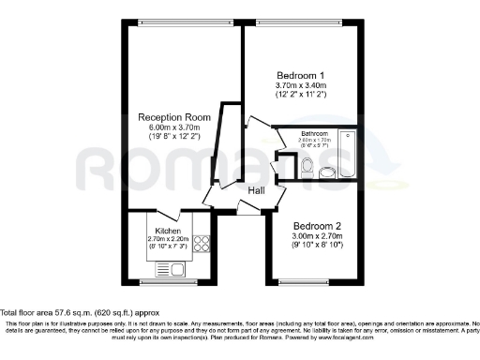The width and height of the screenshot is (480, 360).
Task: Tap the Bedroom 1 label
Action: click(x=300, y=75)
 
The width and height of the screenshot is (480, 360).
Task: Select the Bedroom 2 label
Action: click(x=316, y=226)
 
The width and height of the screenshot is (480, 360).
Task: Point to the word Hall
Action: click(x=256, y=190)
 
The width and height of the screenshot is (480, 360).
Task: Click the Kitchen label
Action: click(x=168, y=230)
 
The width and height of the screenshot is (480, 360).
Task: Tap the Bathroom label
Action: click(x=315, y=134)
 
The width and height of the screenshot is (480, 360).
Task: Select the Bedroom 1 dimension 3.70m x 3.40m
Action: click(x=300, y=85)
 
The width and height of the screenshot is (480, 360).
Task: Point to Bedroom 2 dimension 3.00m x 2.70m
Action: click(x=316, y=236)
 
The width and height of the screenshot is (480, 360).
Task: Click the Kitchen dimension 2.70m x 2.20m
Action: click(x=168, y=239)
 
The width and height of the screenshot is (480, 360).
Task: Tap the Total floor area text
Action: click(x=80, y=312)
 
